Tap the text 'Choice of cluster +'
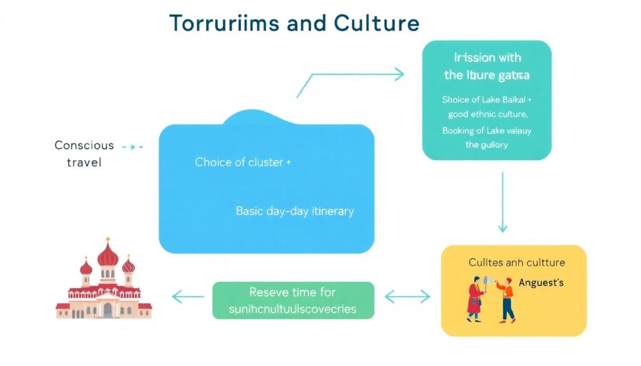click(x=243, y=162)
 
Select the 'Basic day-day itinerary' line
click(x=295, y=211)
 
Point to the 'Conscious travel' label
click(x=84, y=154)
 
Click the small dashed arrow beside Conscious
click(x=133, y=146)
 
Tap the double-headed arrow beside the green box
click(x=408, y=297)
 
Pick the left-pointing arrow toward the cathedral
click(x=188, y=297)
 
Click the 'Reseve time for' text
click(x=292, y=292)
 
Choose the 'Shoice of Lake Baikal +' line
click(x=486, y=99)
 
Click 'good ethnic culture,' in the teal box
click(x=488, y=114)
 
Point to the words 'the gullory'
click(x=486, y=145)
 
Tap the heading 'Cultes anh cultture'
click(x=516, y=263)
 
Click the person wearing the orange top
click(x=506, y=298)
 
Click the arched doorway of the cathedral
click(x=108, y=310)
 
